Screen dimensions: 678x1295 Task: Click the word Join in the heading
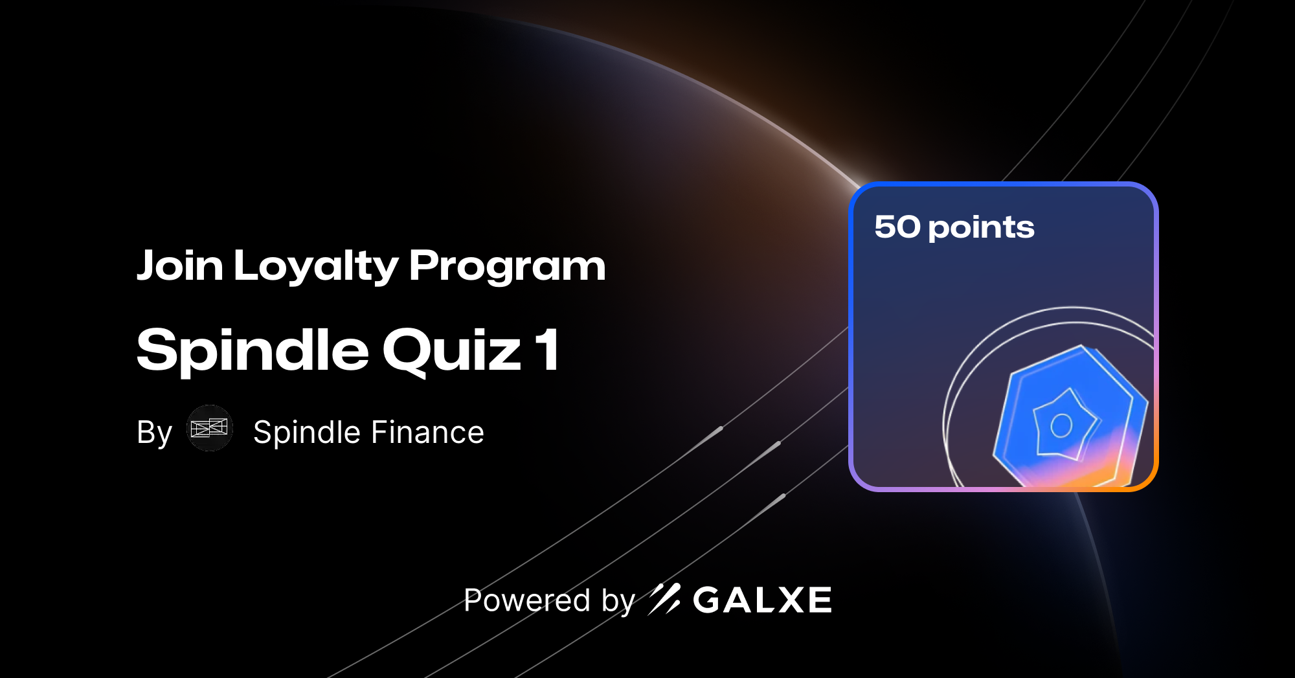(179, 266)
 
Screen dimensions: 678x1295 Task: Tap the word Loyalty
(316, 266)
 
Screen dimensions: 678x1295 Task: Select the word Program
(507, 266)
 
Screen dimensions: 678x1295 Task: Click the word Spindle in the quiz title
(253, 350)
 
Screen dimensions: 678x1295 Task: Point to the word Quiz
(451, 350)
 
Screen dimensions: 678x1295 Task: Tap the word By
(154, 433)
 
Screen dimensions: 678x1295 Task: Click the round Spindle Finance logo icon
(210, 428)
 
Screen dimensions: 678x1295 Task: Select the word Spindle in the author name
(307, 433)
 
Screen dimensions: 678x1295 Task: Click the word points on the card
(981, 228)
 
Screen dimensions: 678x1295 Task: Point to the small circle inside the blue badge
(1061, 425)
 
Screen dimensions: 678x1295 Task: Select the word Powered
(527, 600)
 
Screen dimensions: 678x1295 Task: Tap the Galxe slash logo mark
(664, 599)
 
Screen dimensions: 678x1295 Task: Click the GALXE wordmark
(762, 600)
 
